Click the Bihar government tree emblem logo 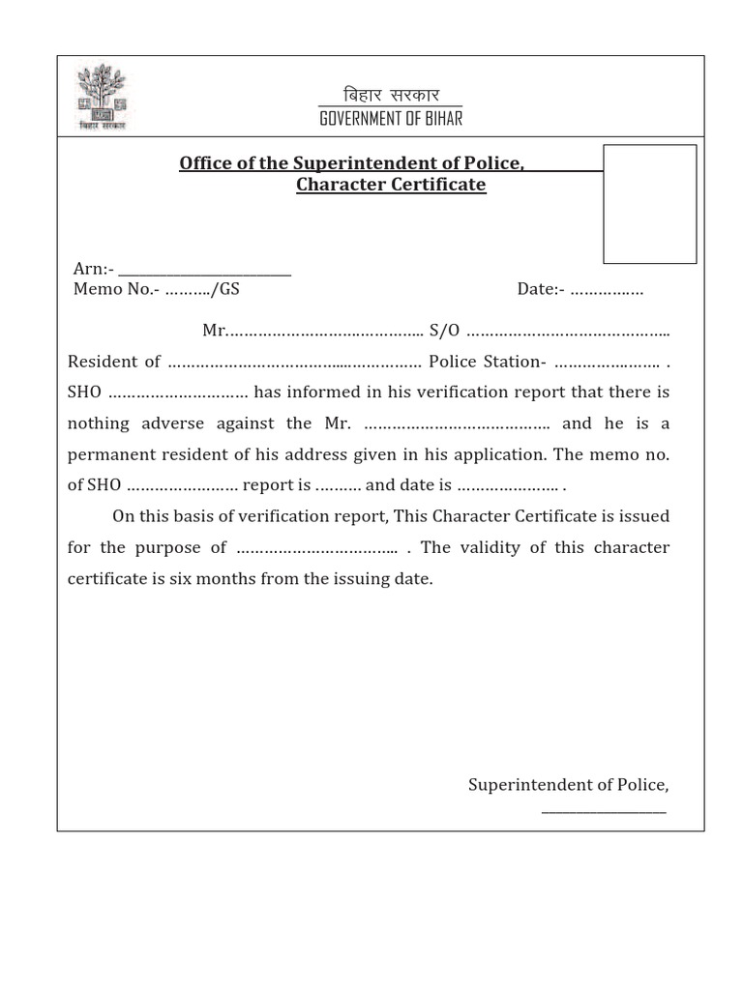[x=102, y=97]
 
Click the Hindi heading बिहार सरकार [x=391, y=95]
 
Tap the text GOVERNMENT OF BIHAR [x=391, y=118]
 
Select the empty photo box [x=649, y=204]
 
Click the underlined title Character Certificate [x=391, y=185]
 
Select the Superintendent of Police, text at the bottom [x=568, y=785]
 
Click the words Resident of [x=114, y=362]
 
